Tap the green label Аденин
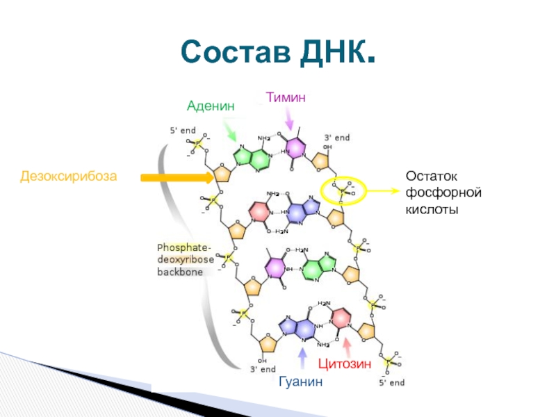[x=211, y=106]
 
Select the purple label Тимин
[x=284, y=97]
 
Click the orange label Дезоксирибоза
[x=69, y=177]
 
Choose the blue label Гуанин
[x=301, y=382]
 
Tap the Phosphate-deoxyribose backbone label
[x=185, y=260]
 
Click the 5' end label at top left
[x=183, y=130]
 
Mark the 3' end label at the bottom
[x=263, y=369]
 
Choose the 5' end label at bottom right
[x=391, y=382]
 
